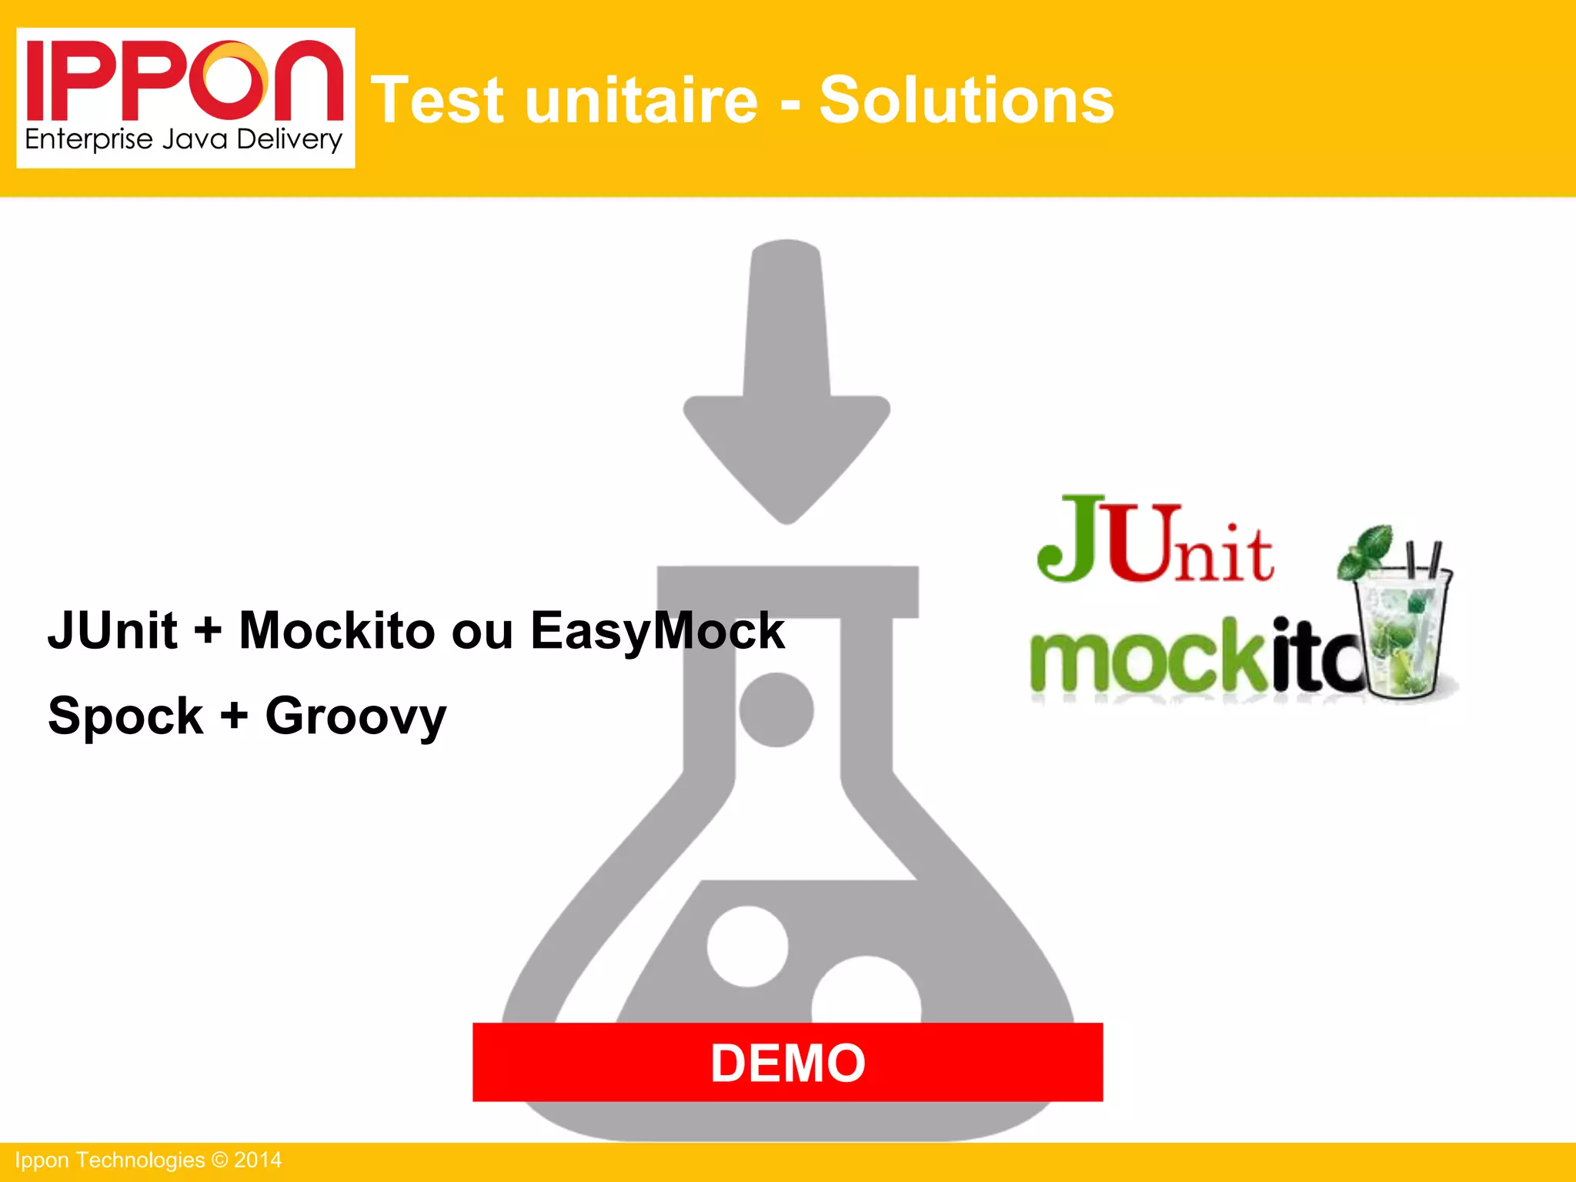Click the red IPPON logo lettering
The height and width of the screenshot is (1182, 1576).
(185, 81)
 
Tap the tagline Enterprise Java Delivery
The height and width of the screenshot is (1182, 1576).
(183, 140)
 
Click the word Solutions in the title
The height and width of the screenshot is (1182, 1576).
(967, 100)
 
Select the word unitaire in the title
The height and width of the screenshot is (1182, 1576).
(641, 100)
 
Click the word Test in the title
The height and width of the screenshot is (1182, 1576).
(438, 100)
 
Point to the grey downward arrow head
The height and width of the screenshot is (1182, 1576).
(786, 454)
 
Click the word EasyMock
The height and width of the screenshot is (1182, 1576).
(657, 631)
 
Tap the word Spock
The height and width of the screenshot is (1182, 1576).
(125, 716)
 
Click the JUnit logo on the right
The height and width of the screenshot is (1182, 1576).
(1154, 540)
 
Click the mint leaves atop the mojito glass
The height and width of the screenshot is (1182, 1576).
(1367, 550)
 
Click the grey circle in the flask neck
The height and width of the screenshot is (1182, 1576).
(776, 710)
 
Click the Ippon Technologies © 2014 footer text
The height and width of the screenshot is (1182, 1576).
(149, 1160)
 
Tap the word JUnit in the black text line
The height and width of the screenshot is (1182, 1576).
(112, 631)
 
